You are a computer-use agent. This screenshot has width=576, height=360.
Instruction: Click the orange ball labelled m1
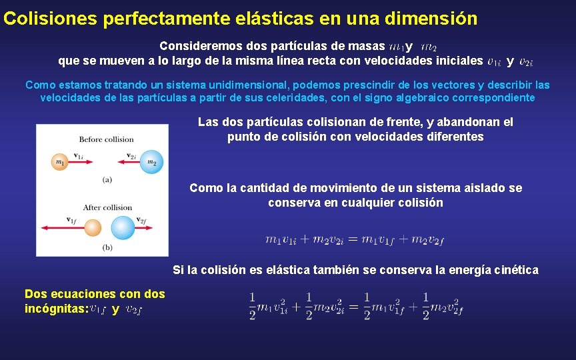pos(60,162)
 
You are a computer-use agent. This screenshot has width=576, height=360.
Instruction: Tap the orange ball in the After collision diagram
pos(93,228)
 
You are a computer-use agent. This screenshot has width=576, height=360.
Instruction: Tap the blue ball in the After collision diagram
pos(123,228)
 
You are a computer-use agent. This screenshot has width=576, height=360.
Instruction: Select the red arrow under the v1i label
pos(85,162)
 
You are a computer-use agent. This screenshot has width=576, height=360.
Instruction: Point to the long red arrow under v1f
pos(63,228)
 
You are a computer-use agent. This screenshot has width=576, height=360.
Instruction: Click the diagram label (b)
pos(107,248)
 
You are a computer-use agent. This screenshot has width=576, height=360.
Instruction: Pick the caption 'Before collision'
pos(107,139)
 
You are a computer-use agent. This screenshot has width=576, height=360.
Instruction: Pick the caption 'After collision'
pos(107,207)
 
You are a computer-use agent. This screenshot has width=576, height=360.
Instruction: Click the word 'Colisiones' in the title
pos(51,19)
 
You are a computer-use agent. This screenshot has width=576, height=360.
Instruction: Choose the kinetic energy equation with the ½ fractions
pos(356,306)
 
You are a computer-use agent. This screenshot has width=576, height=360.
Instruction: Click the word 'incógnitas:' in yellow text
pos(57,309)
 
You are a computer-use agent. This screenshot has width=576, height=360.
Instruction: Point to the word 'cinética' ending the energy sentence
pos(515,270)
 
